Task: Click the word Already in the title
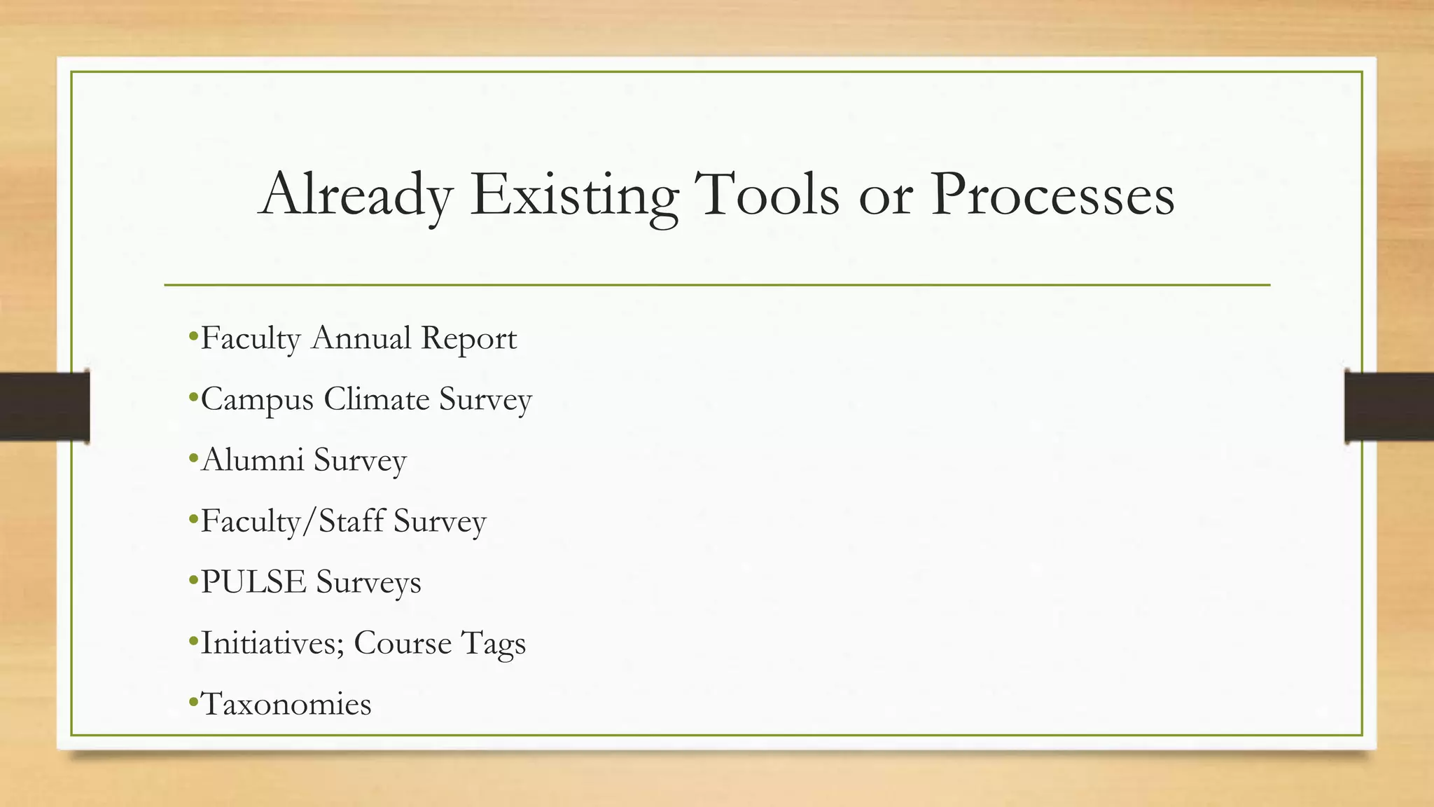[356, 195]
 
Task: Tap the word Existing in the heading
[574, 195]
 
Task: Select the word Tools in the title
[769, 193]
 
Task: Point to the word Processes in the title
[1052, 195]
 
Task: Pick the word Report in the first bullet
[468, 338]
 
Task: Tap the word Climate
[377, 399]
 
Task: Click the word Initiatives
[272, 643]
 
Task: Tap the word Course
[403, 643]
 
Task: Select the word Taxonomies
[286, 704]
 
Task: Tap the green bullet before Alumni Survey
[193, 458]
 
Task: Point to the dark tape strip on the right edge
[1389, 406]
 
